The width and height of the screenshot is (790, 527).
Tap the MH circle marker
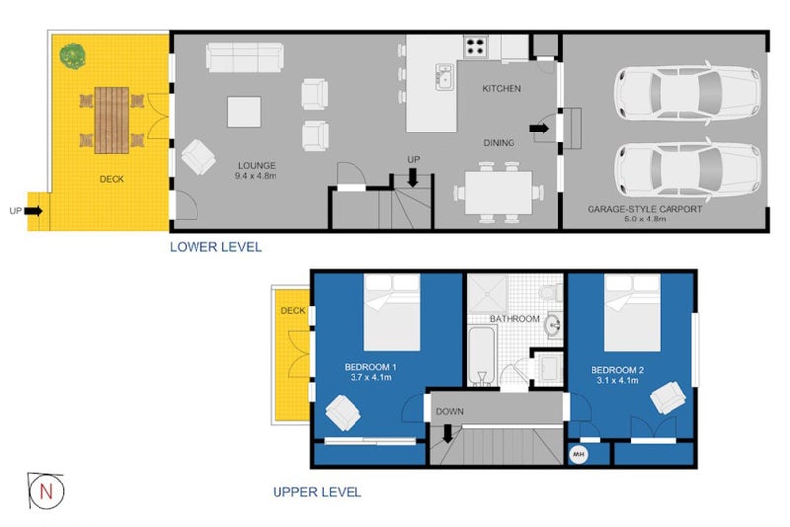click(580, 455)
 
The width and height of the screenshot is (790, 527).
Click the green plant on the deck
click(71, 55)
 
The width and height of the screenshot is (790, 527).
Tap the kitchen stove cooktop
click(477, 46)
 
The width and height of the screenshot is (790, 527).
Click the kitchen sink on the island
click(445, 76)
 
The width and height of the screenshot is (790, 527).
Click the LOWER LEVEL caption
click(215, 247)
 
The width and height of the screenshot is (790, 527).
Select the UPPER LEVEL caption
click(316, 491)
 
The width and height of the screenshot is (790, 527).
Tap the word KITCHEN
click(501, 89)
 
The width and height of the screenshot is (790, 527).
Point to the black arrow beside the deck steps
click(34, 210)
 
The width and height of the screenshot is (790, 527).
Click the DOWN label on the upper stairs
click(449, 411)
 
